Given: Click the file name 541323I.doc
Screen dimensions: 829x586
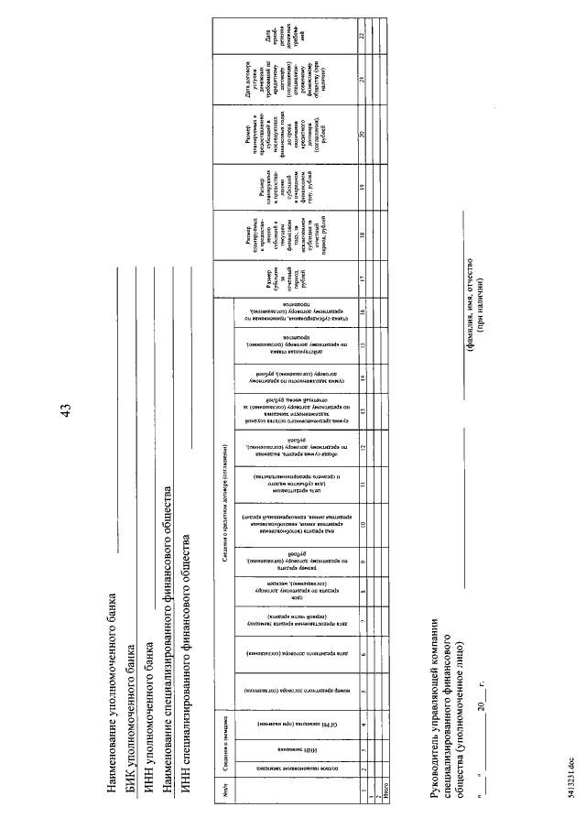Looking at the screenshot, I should click(x=569, y=788).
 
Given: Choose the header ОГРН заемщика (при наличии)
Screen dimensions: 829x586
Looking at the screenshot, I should click(x=290, y=723).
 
